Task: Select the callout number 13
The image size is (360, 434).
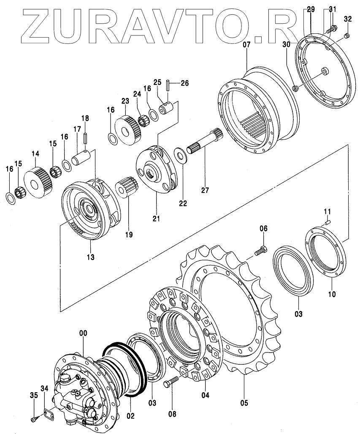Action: tap(91, 257)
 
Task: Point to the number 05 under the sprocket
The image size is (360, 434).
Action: tap(244, 402)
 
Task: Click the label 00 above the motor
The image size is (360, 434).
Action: tap(83, 333)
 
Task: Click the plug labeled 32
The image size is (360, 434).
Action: tap(347, 36)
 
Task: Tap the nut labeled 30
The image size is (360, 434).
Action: tap(295, 88)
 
